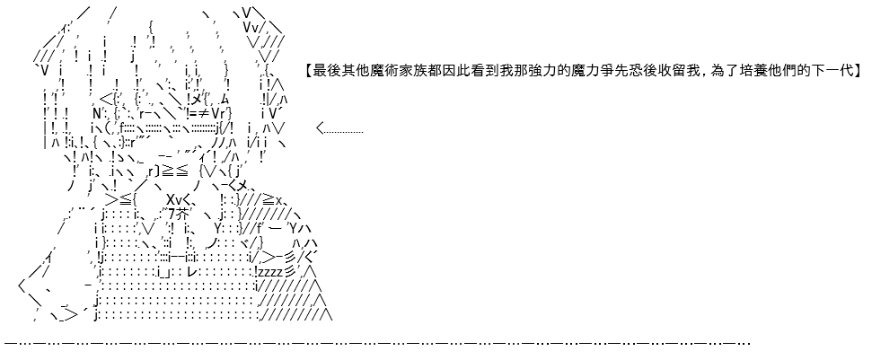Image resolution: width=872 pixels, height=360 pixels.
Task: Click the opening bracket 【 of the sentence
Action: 309,71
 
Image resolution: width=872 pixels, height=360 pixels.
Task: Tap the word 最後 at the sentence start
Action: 327,71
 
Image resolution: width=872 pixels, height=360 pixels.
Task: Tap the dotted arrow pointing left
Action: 339,129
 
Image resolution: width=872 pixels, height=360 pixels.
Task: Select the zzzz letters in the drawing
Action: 269,272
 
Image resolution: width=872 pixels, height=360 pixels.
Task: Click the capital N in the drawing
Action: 97,114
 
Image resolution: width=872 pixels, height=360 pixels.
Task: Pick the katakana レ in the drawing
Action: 192,272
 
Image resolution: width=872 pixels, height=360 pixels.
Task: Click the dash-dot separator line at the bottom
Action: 377,343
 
